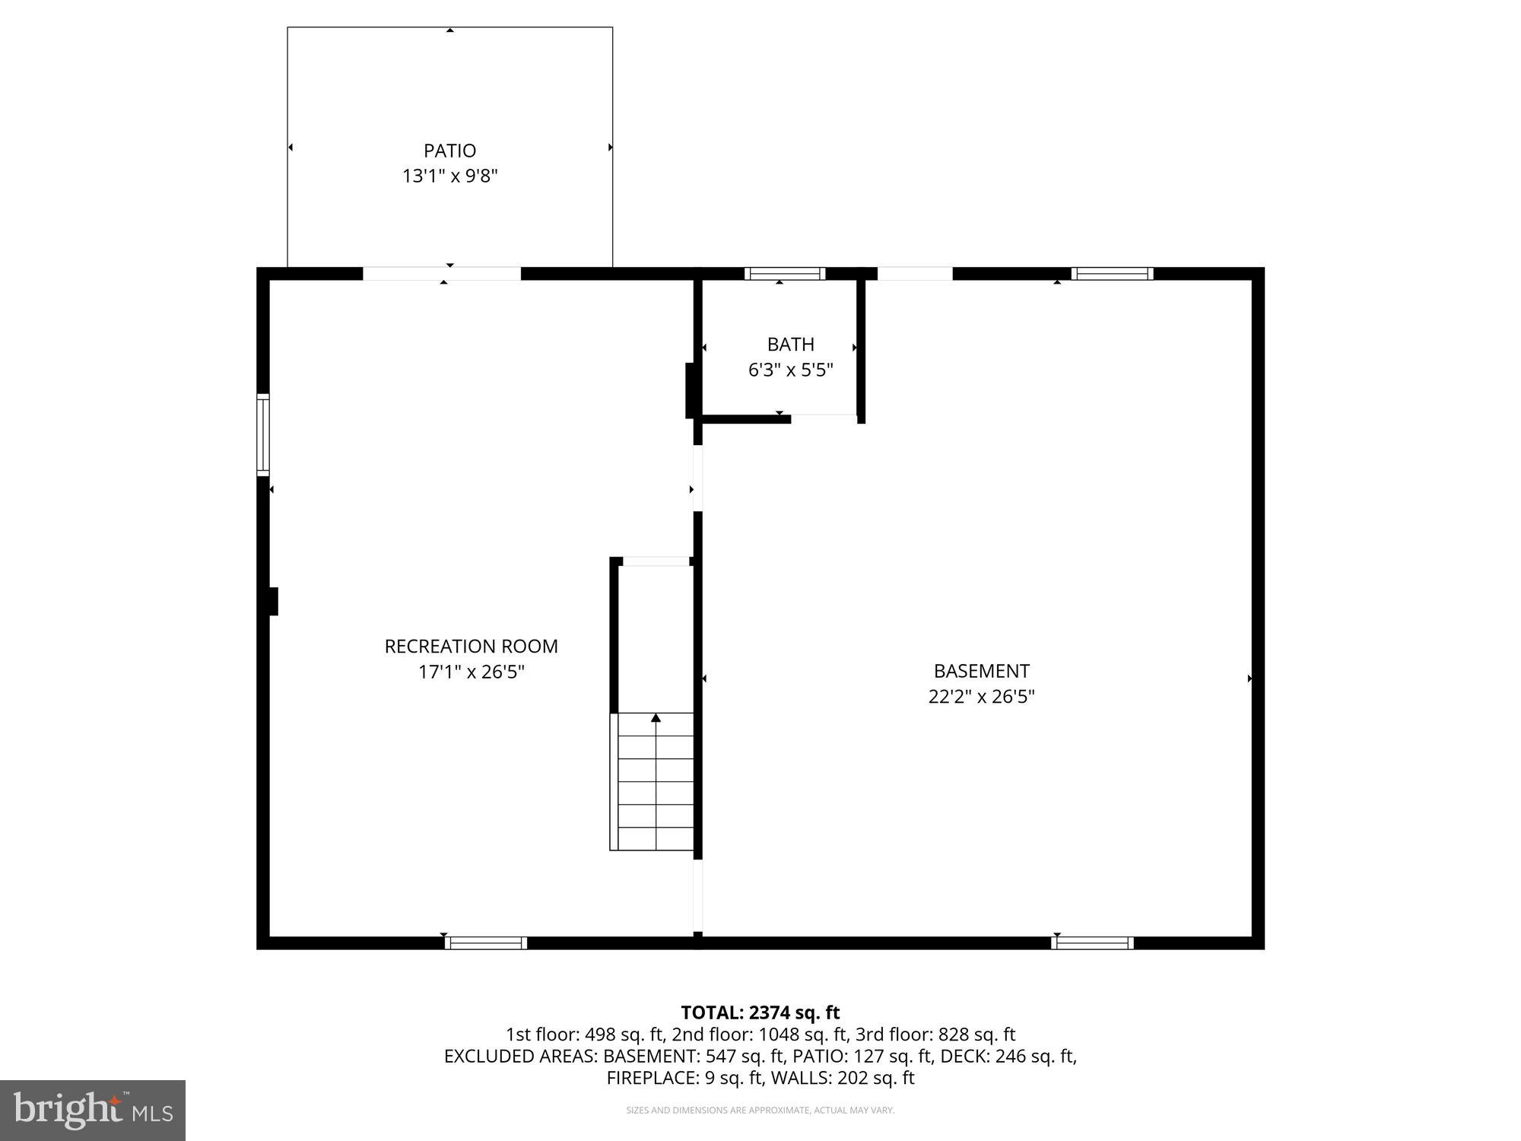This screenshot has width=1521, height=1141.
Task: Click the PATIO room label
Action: pos(449,151)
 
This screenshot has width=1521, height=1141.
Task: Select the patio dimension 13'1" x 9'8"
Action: pos(449,176)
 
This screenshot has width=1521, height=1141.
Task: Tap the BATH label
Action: pos(790,345)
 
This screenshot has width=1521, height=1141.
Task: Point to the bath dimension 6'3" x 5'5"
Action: pos(790,370)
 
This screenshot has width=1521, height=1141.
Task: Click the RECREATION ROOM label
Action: pos(471,647)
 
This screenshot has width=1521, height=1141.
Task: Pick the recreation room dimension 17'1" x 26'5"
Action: pos(471,672)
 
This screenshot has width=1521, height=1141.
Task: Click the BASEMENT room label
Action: pos(981,671)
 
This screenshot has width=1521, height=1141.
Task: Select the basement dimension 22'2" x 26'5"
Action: pos(981,697)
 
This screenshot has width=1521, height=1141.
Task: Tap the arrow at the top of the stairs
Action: pos(656,718)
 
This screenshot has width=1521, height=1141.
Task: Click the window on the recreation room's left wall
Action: pos(263,434)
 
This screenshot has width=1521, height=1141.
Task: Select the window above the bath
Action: pos(784,274)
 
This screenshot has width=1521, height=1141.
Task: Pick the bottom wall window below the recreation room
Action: pos(485,943)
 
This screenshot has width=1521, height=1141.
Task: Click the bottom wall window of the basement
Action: pos(1092,943)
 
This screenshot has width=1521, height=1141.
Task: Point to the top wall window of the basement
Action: pos(1112,274)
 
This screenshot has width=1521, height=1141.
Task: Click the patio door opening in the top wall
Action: pos(441,274)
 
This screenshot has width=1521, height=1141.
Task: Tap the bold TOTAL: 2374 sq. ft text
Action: pos(760,1012)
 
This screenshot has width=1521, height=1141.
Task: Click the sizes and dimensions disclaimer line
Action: pos(760,1111)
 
